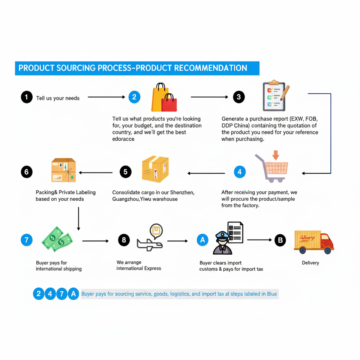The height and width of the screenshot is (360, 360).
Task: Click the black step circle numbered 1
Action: [x=27, y=97]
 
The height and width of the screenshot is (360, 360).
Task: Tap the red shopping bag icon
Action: [x=169, y=103]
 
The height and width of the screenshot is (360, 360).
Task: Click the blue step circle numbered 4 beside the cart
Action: [x=240, y=172]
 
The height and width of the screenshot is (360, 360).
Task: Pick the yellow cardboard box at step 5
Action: [x=155, y=169]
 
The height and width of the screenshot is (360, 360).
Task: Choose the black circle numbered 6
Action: [x=27, y=172]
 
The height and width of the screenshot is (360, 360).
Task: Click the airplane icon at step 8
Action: [x=149, y=243]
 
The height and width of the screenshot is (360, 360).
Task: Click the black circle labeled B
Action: [x=280, y=240]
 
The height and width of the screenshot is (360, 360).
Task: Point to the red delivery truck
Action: [x=314, y=241]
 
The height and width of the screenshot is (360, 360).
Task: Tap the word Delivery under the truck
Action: [x=310, y=263]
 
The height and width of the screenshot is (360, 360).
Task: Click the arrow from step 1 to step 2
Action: [x=106, y=97]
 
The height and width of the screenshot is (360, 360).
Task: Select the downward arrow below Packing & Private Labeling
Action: [x=78, y=218]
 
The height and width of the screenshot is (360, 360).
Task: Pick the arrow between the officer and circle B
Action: [x=259, y=240]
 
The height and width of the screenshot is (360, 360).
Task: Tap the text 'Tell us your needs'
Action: [x=58, y=98]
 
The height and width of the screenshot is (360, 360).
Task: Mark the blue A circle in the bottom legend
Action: [x=73, y=294]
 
